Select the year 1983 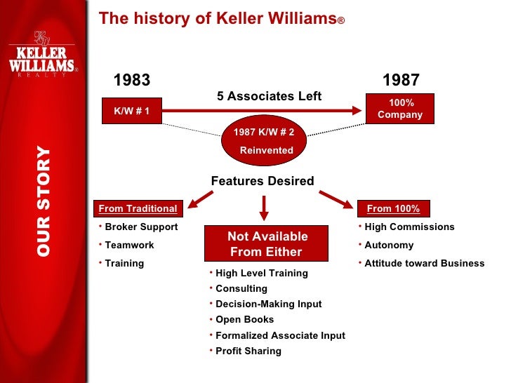[x=132, y=80]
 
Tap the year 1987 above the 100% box [x=401, y=80]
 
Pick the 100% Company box [x=400, y=109]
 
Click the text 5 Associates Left [x=269, y=96]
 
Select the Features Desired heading [x=263, y=181]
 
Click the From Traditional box [x=138, y=208]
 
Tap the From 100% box [x=393, y=208]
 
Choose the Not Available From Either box [x=267, y=244]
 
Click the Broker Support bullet [x=141, y=227]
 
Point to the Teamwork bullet [x=129, y=246]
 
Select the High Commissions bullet [x=409, y=227]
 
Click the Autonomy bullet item [x=389, y=246]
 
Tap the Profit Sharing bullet [x=248, y=351]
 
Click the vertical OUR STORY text [x=44, y=201]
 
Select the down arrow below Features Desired [x=265, y=206]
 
